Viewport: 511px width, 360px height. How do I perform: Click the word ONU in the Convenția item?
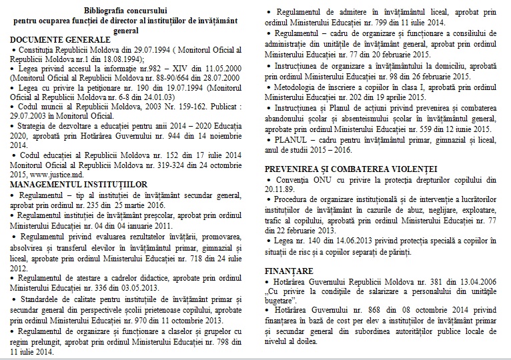pyautogui.click(x=322, y=180)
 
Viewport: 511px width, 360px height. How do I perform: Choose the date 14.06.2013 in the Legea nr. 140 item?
pyautogui.click(x=356, y=239)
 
